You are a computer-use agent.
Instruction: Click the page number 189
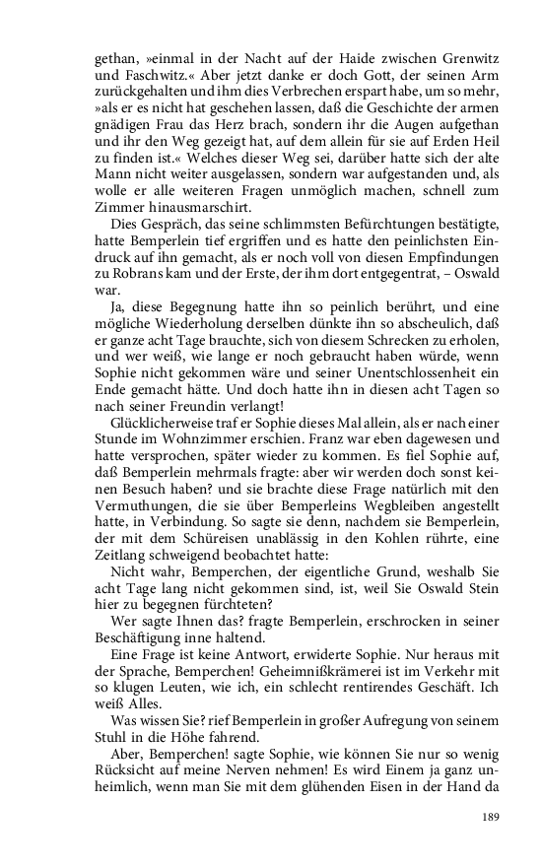pos(490,816)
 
